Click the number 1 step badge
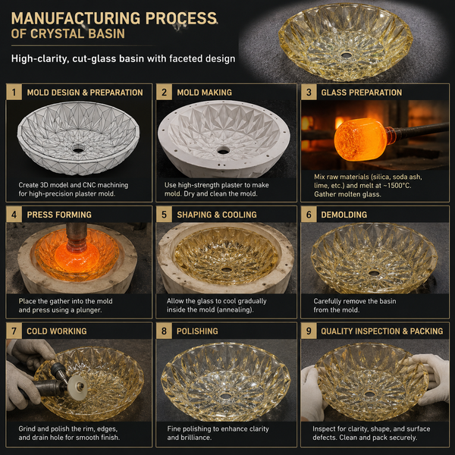point(14,93)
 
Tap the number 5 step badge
point(164,215)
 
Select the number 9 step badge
point(309,331)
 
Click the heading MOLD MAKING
point(204,93)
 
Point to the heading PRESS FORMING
point(59,215)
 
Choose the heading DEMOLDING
point(344,215)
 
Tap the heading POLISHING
point(197,331)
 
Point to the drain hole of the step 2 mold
point(223,150)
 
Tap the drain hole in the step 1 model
point(78,149)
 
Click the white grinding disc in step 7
point(77,387)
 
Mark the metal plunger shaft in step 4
point(77,236)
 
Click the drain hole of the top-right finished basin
point(347,55)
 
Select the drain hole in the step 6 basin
point(374,273)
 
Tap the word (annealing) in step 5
point(235,310)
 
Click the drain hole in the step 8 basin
point(225,396)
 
